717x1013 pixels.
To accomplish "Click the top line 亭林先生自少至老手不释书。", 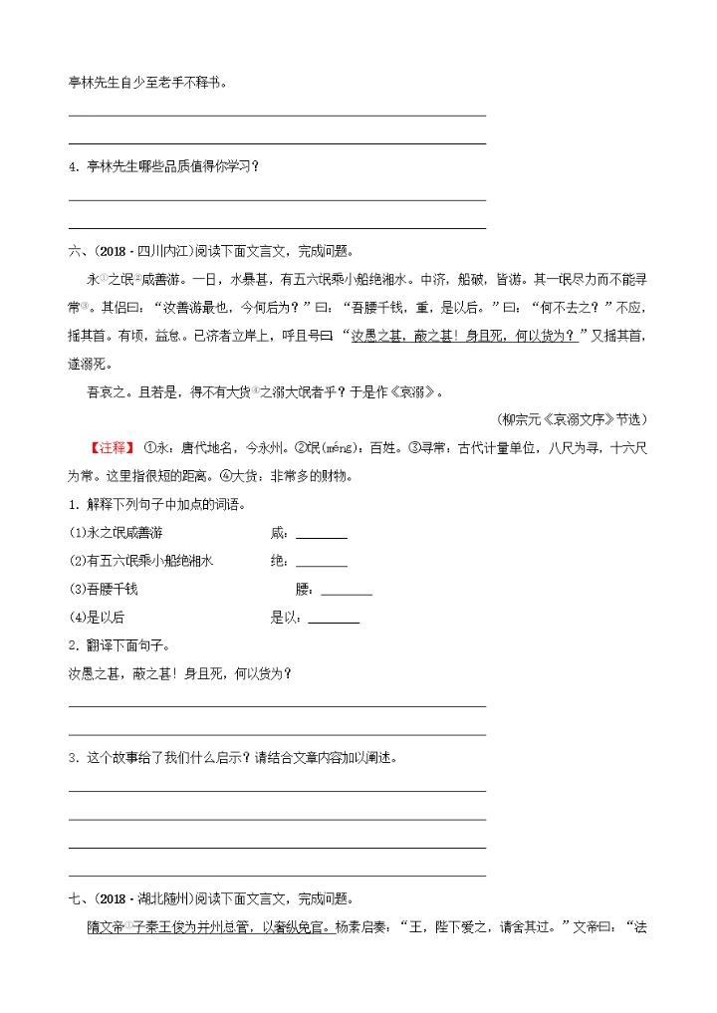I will point(147,82).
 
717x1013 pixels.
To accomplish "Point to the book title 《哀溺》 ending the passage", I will point(416,391).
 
